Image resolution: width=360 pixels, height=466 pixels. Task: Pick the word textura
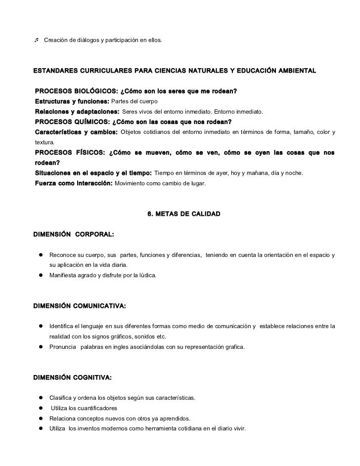pos(44,142)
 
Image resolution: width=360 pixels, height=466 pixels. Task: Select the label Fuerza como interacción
pos(74,183)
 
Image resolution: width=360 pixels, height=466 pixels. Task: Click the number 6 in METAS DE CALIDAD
pos(150,214)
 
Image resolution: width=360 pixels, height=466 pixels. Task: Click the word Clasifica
pos(61,398)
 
